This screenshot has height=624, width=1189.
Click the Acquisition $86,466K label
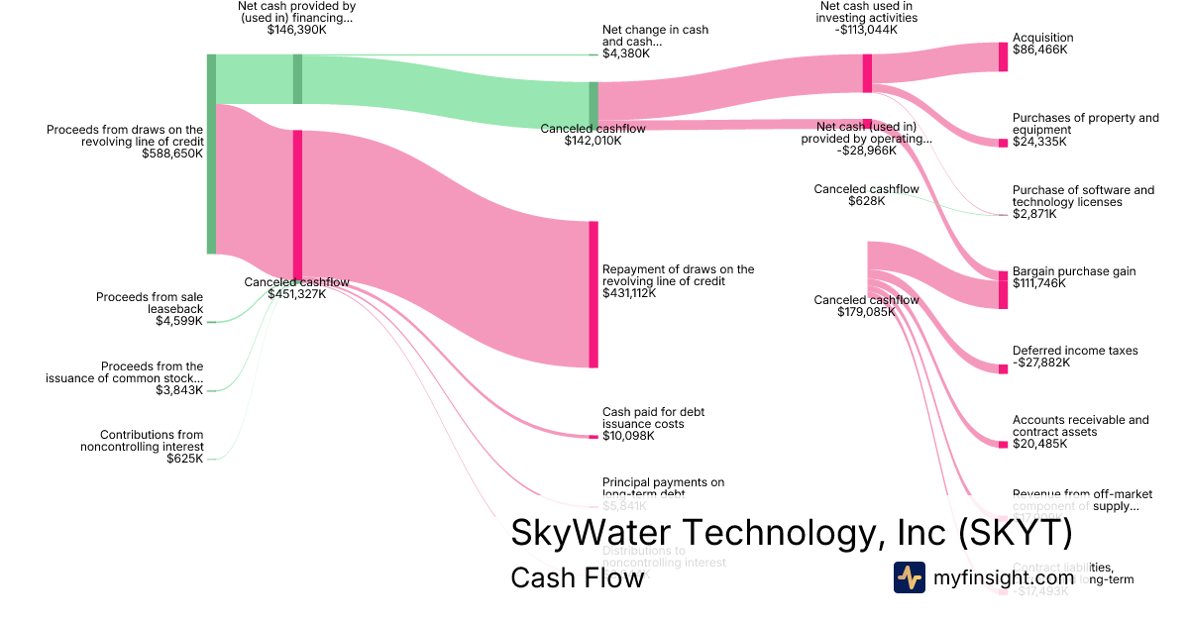(1042, 44)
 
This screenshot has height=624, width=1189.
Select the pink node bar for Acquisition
(1003, 56)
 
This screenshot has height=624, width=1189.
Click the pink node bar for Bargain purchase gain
(1003, 288)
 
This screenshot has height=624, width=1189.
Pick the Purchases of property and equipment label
(1085, 130)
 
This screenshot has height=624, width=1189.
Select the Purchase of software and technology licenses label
(1083, 202)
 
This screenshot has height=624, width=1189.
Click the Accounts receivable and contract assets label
(1080, 432)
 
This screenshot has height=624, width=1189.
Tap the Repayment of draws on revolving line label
(678, 281)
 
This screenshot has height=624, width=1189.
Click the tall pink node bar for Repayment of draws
(594, 294)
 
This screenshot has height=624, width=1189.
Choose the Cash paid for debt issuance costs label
(654, 424)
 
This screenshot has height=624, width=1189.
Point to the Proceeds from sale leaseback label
(150, 309)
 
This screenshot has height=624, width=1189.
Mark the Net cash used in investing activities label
(868, 18)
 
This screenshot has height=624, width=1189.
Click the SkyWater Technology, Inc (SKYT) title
(791, 534)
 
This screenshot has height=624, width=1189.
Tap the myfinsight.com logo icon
(910, 577)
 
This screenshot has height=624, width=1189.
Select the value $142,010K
(594, 141)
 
